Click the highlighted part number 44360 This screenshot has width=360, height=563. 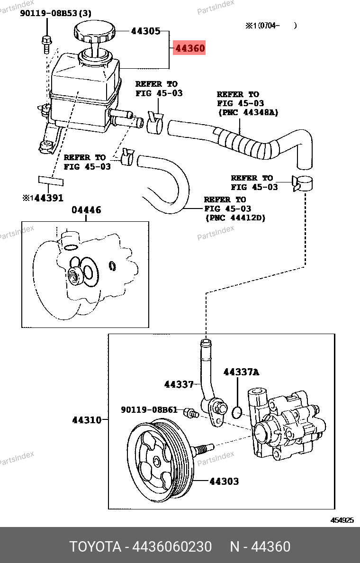[189, 48]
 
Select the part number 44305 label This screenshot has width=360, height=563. [145, 31]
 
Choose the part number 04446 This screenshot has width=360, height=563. [86, 210]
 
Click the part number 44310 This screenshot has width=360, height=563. [87, 420]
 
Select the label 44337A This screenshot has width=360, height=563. [241, 372]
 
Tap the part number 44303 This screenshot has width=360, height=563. [224, 481]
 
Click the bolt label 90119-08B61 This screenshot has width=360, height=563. [149, 410]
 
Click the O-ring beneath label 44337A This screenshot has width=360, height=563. [237, 412]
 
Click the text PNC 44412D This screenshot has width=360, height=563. [235, 218]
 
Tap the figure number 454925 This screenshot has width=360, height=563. [342, 520]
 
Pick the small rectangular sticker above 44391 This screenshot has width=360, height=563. [51, 180]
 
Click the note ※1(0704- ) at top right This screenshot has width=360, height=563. [271, 26]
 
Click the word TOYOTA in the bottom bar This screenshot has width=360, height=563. [95, 546]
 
